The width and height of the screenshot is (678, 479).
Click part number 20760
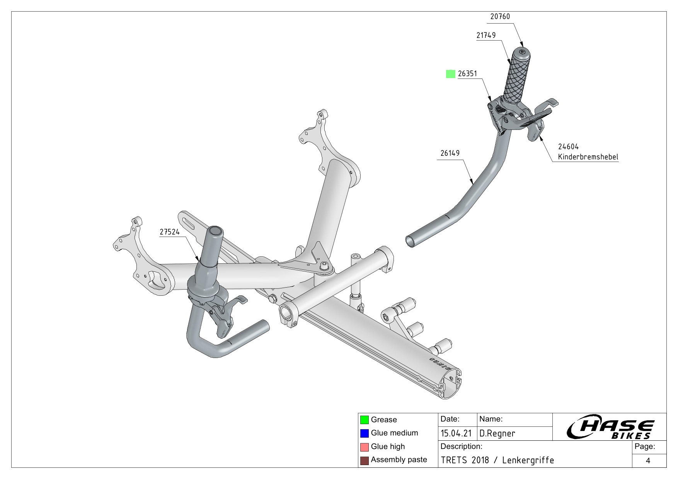(500, 17)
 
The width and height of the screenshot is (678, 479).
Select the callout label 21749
(486, 35)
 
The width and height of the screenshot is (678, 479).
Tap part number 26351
(467, 73)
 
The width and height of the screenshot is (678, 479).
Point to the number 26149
(450, 153)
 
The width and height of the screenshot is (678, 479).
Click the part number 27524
(170, 232)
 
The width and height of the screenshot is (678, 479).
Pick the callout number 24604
(568, 147)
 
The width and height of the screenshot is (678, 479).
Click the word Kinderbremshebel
(588, 157)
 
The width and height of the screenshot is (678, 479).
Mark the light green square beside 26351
(450, 73)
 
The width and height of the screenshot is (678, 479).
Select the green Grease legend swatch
(364, 420)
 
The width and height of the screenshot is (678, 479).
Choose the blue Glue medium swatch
(364, 433)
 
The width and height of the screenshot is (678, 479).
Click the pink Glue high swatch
(364, 447)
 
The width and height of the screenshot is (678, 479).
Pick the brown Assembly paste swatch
(364, 460)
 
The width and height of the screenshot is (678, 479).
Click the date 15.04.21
(456, 434)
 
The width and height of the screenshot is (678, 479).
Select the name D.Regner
(497, 434)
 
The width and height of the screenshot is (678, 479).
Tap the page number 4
(648, 460)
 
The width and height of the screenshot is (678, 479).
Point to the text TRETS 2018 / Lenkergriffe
(497, 460)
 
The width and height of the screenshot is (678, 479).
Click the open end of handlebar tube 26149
(410, 242)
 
